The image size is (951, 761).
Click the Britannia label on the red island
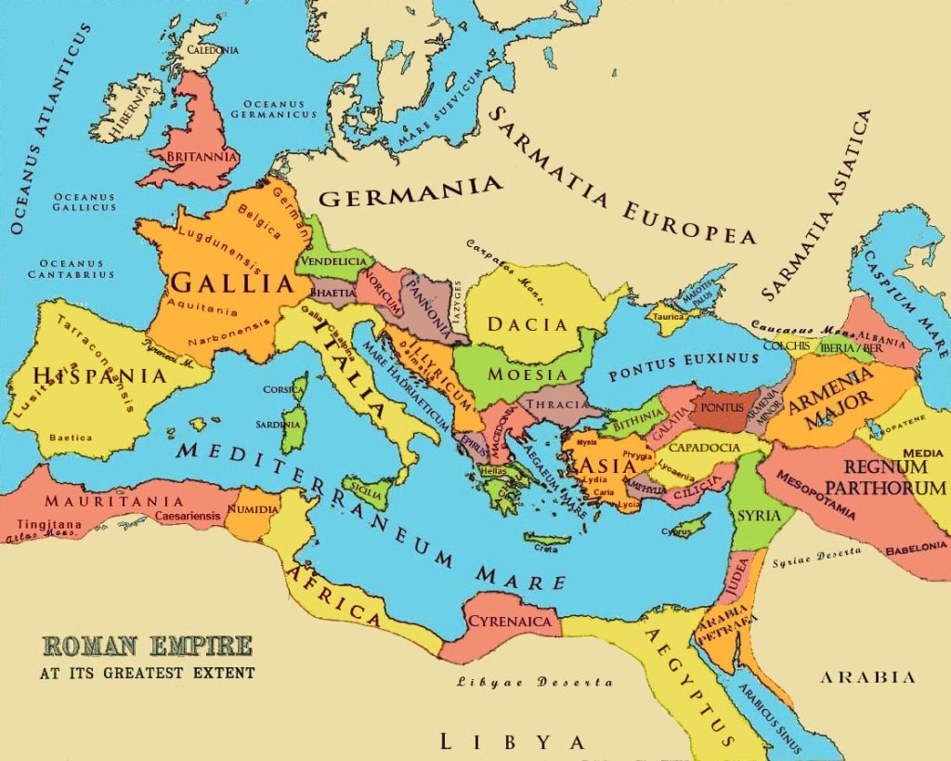[x=189, y=158]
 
